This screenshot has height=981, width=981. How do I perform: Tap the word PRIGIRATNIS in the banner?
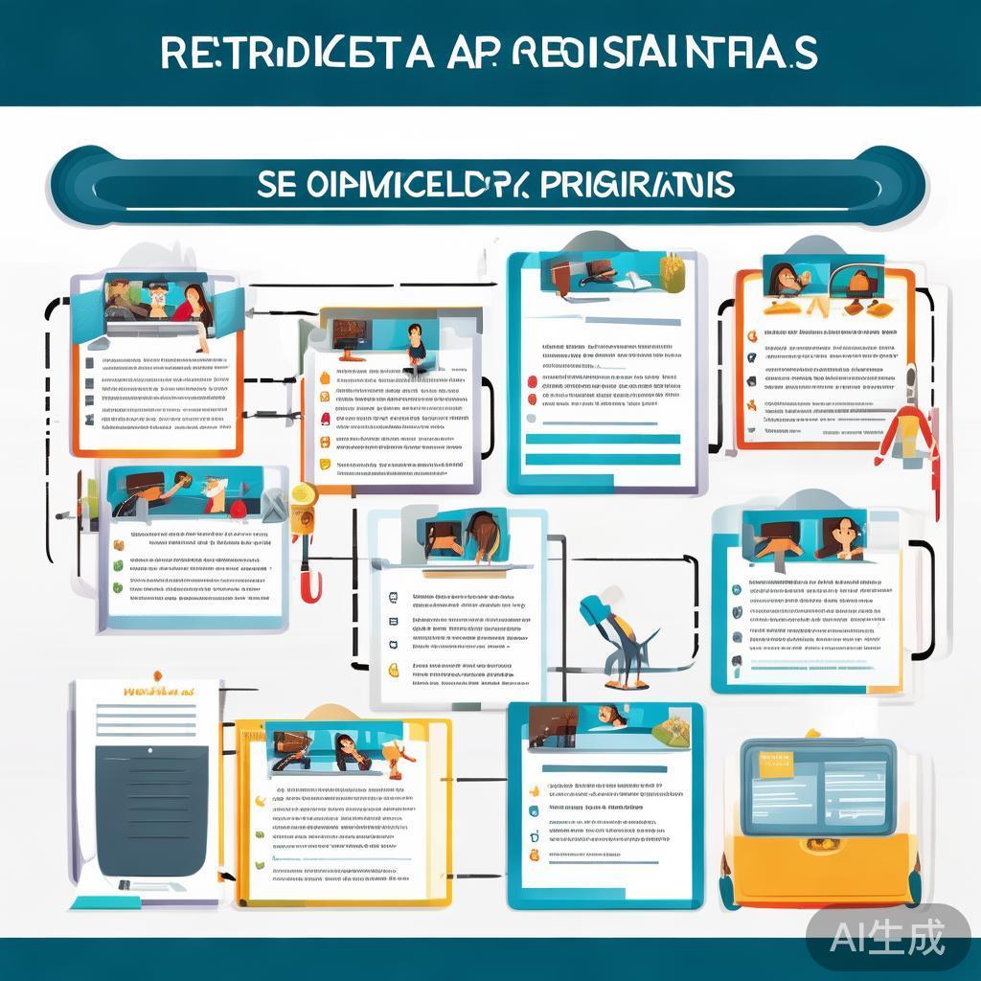(637, 184)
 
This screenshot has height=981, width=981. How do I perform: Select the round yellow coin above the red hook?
(303, 494)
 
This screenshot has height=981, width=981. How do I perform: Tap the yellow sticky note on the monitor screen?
(776, 764)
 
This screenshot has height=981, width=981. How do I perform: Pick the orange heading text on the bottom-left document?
(159, 690)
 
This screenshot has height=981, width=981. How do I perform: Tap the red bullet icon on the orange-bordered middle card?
(325, 419)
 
